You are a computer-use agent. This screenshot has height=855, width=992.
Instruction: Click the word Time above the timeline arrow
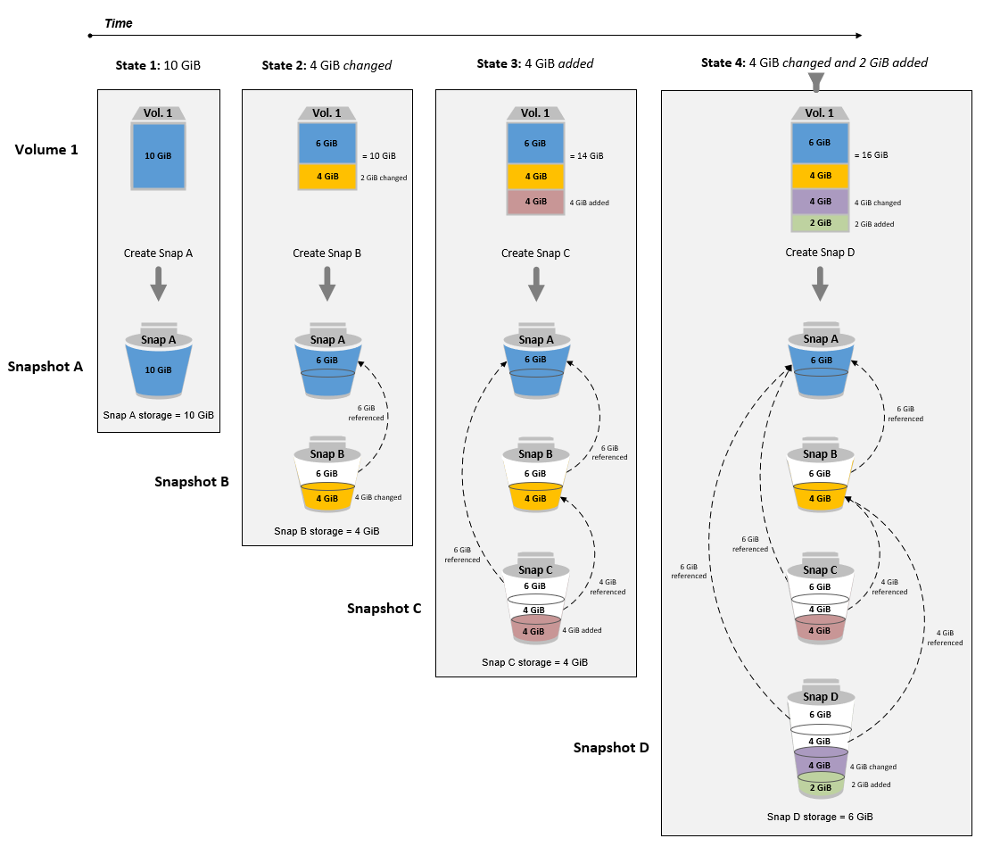click(119, 23)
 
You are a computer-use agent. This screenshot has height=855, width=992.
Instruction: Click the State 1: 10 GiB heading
click(158, 66)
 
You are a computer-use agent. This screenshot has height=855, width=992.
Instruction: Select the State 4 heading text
click(814, 62)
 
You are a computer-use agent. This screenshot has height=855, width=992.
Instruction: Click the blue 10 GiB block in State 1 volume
click(158, 155)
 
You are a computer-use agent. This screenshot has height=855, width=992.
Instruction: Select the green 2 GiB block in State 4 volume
click(819, 223)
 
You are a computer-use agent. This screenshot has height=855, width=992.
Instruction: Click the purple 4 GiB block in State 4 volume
click(819, 203)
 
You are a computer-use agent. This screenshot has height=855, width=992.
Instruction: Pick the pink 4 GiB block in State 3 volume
click(535, 202)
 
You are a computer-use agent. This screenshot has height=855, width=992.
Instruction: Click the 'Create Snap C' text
click(535, 253)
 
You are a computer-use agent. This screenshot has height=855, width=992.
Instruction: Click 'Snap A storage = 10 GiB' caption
click(158, 414)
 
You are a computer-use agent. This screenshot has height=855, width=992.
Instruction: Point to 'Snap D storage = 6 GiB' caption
click(819, 816)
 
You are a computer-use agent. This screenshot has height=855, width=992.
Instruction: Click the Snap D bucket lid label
click(819, 696)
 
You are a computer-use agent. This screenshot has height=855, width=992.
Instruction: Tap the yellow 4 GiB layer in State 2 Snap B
click(327, 497)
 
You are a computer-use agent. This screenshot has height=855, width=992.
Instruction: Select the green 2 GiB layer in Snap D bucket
click(819, 787)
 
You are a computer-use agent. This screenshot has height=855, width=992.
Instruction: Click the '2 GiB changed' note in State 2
click(384, 178)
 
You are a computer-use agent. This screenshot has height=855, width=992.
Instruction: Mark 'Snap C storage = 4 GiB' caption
click(535, 662)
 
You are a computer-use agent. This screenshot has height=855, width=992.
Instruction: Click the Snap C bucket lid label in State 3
click(535, 569)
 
